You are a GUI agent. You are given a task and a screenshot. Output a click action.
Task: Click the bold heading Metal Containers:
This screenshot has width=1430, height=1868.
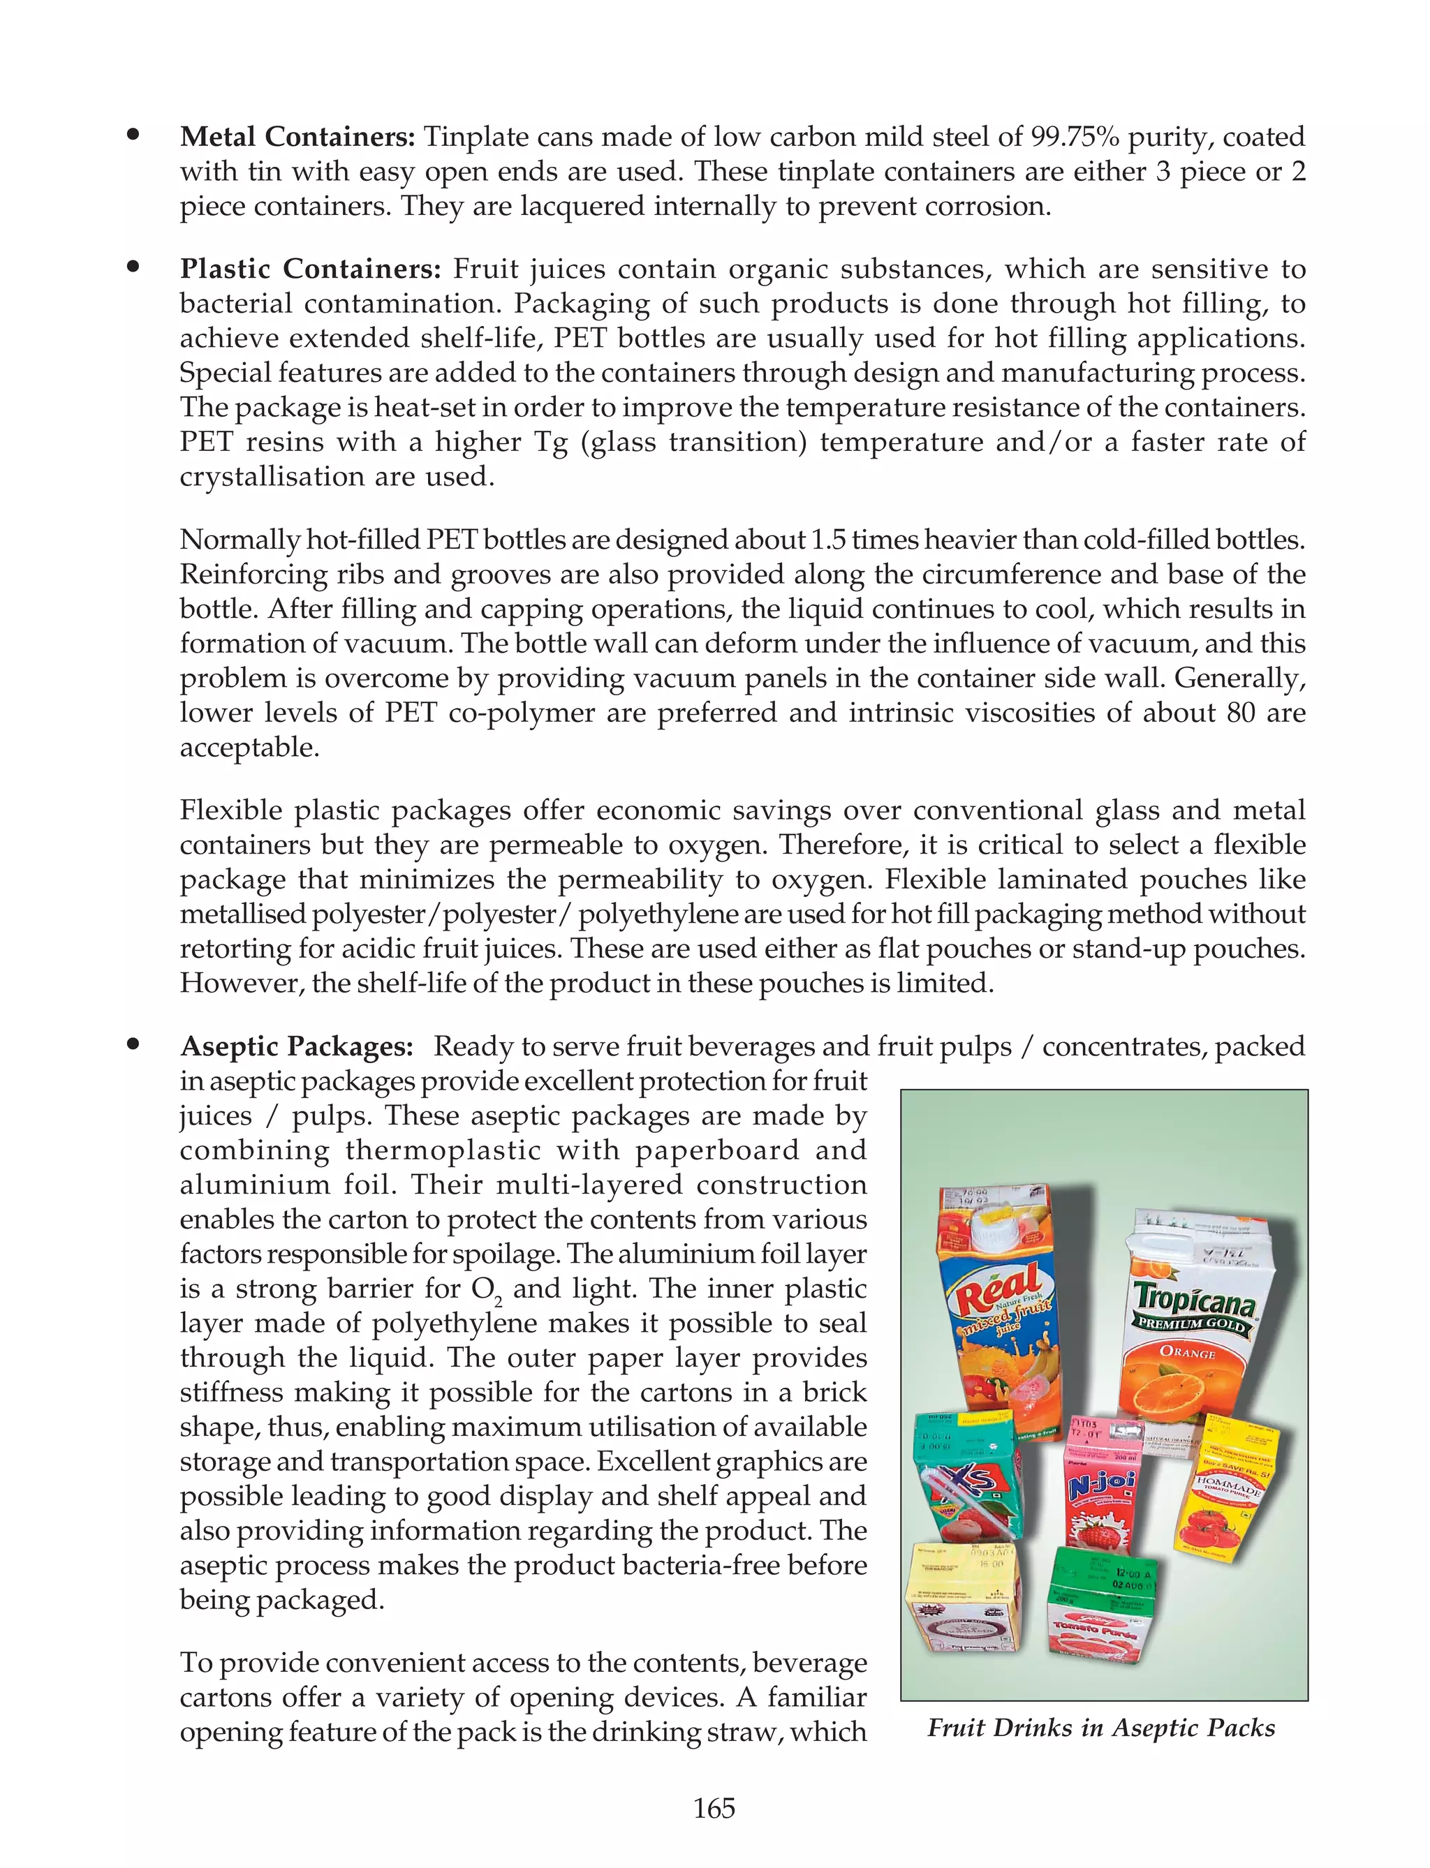(297, 137)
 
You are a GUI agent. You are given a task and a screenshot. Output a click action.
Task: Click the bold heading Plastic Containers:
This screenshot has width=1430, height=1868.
(311, 269)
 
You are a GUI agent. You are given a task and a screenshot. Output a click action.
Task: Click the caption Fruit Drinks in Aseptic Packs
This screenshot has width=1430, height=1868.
(1101, 1728)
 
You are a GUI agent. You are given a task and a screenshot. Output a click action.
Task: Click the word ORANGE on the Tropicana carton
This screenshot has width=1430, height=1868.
(1188, 1351)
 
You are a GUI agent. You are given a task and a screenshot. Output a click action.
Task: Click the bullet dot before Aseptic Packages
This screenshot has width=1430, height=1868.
(133, 1044)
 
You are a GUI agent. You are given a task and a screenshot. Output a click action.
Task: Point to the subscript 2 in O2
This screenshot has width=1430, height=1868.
(499, 1303)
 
